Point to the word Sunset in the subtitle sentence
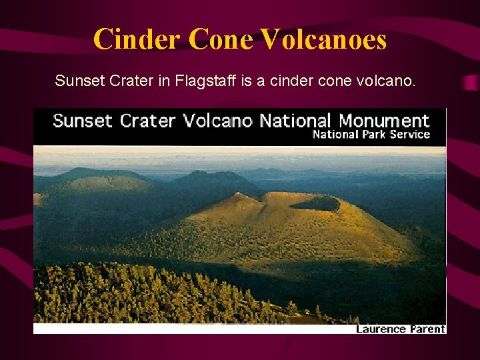point(75,82)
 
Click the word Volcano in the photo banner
point(218,121)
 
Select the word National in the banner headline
point(295,121)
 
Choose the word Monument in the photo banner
point(384,121)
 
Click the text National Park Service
point(371,135)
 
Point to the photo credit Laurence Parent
point(400,329)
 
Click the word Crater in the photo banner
point(148,121)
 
